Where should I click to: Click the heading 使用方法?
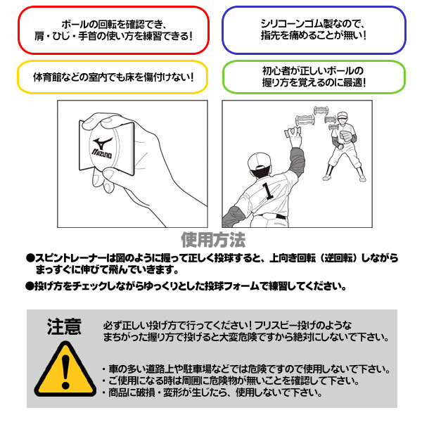pos(213,240)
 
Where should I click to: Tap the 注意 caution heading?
pos(64,327)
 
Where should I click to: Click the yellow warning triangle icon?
pos(65,369)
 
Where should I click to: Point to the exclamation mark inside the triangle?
pos(65,371)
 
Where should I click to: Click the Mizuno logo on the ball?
pos(102,148)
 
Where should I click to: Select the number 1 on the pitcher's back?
pos(268,191)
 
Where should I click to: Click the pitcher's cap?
pos(259,162)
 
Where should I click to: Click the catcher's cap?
pos(342,115)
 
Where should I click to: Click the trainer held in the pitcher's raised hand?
pos(293,132)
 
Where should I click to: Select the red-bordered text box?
pos(113,30)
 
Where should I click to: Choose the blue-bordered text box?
pos(314,30)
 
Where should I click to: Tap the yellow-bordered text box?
pos(113,77)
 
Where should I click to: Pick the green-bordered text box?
pos(314,77)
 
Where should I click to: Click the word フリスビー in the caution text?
pos(275,326)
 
